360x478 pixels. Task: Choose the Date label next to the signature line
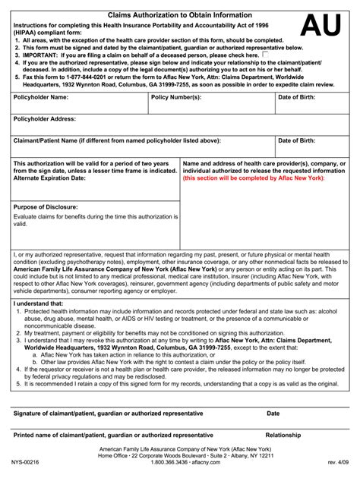(x=273, y=414)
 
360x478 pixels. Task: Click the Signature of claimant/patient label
(x=108, y=414)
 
